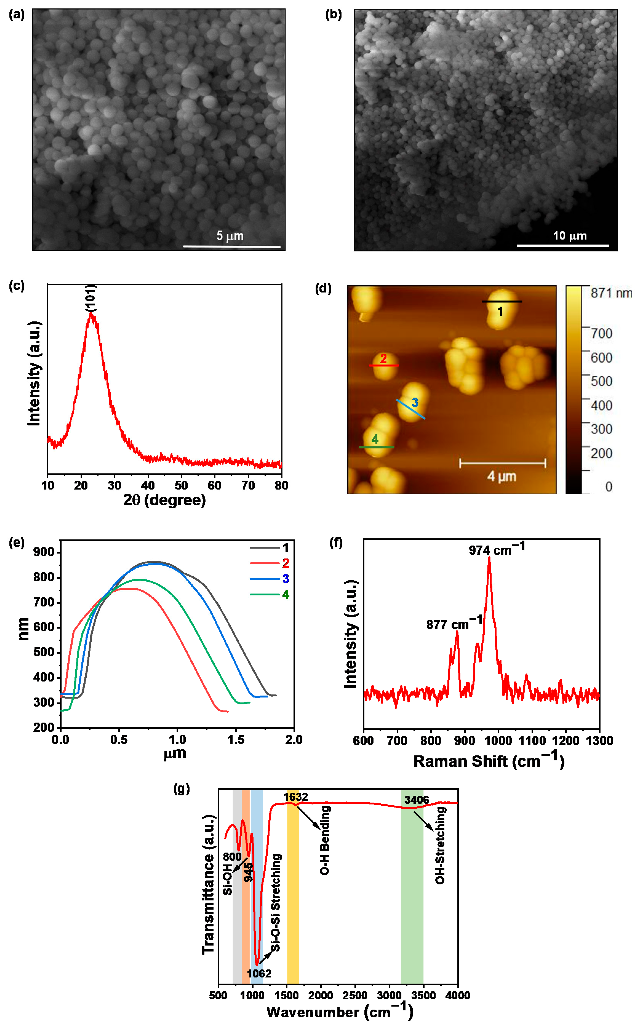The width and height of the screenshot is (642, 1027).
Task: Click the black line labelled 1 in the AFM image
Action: tap(502, 302)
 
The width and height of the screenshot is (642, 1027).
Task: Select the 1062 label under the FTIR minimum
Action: tap(259, 973)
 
